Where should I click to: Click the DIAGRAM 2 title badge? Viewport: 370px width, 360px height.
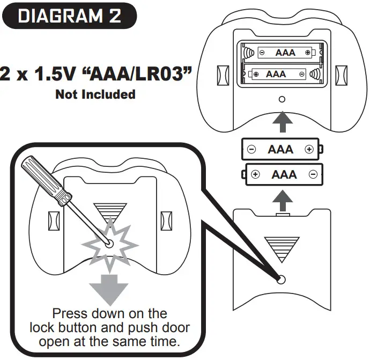pos(69,16)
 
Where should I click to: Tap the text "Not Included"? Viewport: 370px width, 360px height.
pos(95,94)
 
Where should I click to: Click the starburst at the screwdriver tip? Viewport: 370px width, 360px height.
pos(109,243)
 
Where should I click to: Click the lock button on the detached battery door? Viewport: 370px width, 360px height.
pos(282,280)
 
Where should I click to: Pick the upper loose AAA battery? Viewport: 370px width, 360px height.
pos(282,149)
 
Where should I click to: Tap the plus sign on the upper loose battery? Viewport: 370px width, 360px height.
pos(308,149)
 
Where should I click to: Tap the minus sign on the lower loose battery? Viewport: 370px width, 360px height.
pos(312,174)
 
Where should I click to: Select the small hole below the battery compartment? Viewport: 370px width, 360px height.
pos(282,99)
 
